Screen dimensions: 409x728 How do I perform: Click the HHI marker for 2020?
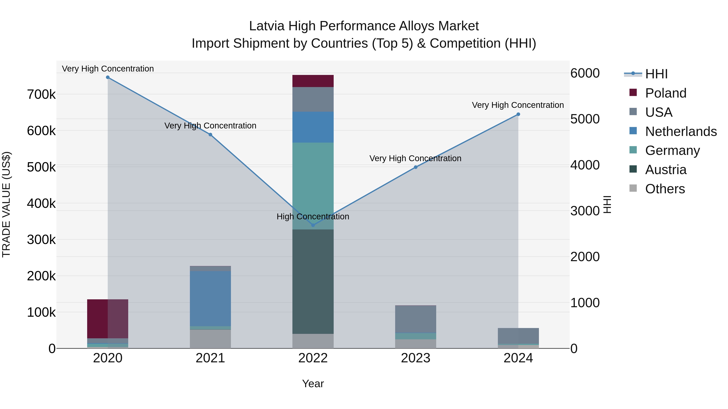point(108,77)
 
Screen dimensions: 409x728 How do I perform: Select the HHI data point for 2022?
point(313,225)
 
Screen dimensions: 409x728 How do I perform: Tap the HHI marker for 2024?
point(518,114)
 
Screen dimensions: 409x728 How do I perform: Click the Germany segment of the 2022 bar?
point(313,186)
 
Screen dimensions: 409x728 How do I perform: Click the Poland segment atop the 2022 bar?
point(313,81)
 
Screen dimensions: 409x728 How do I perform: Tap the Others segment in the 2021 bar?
point(210,339)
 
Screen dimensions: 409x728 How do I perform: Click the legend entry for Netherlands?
point(680,131)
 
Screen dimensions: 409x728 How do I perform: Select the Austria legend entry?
point(666,170)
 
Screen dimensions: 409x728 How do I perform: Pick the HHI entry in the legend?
point(656,74)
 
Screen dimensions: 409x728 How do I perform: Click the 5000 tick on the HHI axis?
point(585,119)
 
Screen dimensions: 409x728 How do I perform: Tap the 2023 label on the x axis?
point(415,358)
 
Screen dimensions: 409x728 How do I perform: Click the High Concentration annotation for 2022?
point(313,217)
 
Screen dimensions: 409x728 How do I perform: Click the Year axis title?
point(313,384)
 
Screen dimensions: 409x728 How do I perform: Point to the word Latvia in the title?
point(267,26)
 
